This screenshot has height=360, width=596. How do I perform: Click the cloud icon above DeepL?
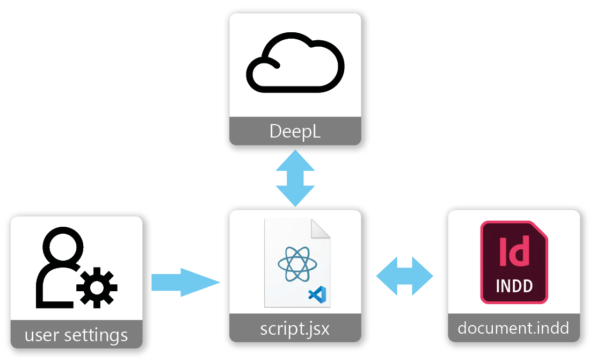[295, 66]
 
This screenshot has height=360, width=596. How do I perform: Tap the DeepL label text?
[295, 132]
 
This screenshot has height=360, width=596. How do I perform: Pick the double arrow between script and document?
[404, 276]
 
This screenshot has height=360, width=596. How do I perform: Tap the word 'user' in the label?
[42, 336]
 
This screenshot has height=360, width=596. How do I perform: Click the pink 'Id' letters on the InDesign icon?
[514, 251]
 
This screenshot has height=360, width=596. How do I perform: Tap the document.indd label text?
[513, 328]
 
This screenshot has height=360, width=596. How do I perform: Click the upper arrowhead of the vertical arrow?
[295, 160]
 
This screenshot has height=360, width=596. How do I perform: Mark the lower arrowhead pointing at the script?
[295, 197]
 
